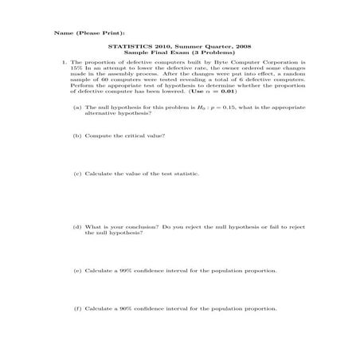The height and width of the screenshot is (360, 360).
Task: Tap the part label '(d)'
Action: [x=77, y=227]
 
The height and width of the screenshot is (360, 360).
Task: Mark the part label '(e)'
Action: [x=77, y=271]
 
